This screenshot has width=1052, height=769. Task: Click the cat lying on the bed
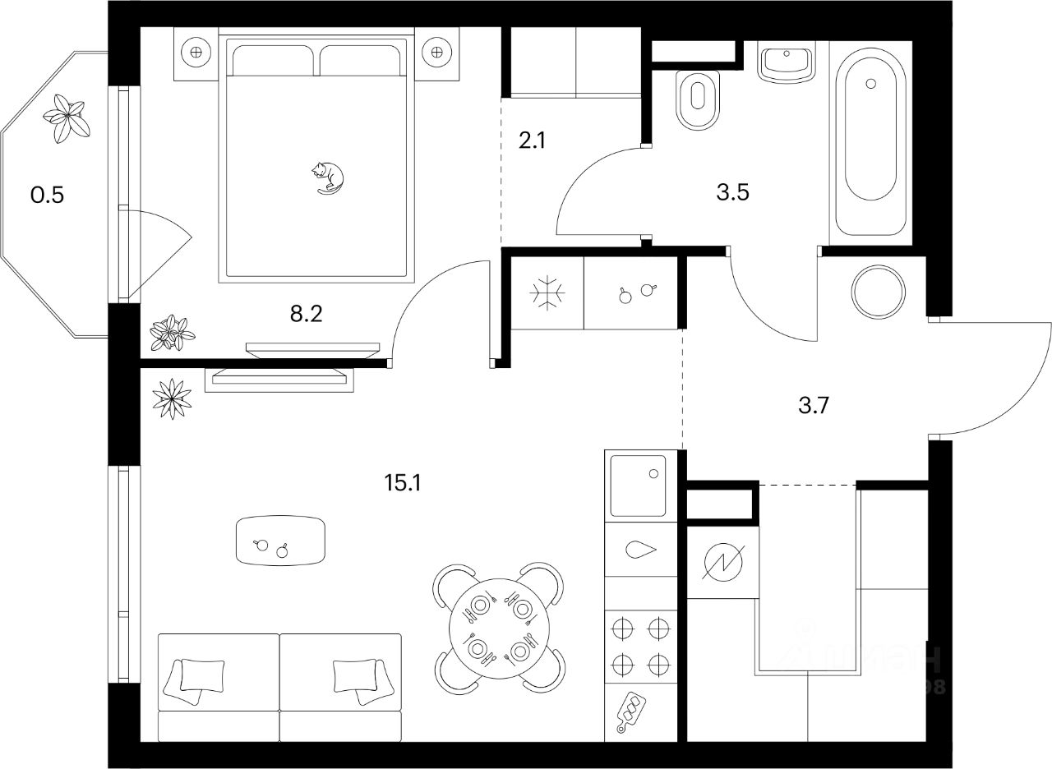(x=328, y=177)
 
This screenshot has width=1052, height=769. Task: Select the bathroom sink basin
(x=785, y=63)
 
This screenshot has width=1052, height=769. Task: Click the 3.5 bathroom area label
(x=732, y=194)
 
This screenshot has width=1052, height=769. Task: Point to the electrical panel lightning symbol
(x=722, y=563)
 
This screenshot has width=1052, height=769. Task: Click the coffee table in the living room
(x=280, y=541)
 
